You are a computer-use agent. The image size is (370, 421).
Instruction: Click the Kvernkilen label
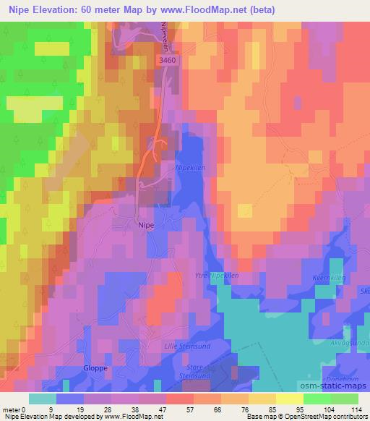coord(331,278)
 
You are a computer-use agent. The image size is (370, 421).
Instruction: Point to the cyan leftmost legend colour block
coord(42,398)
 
